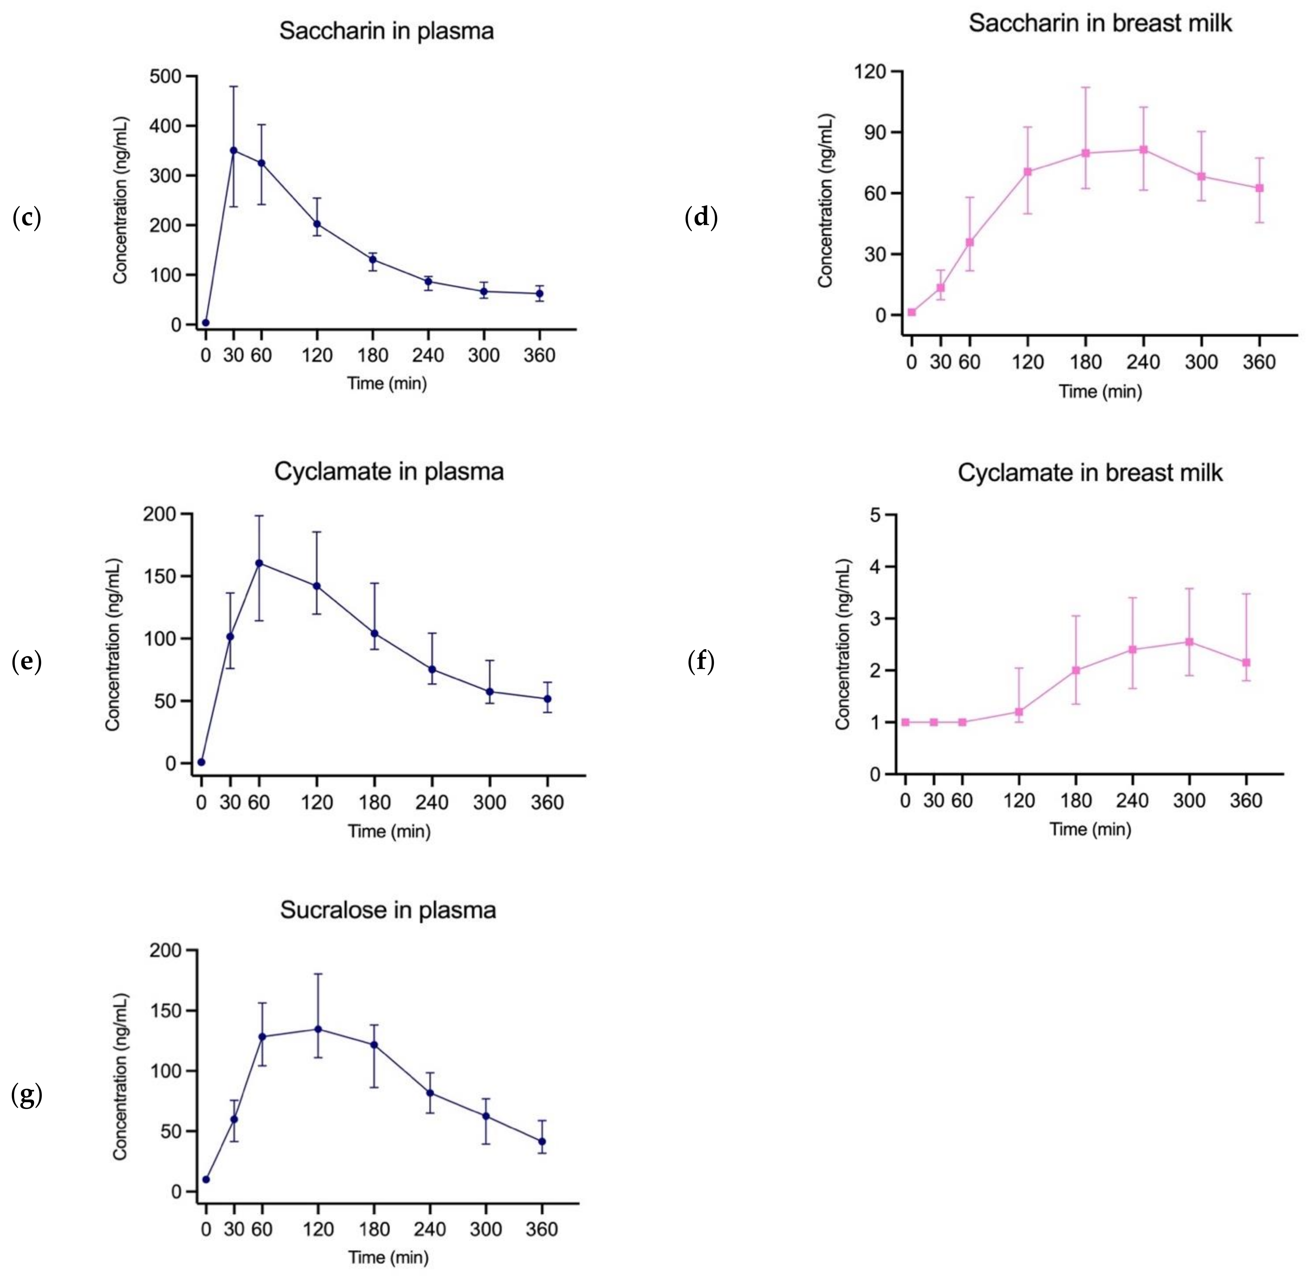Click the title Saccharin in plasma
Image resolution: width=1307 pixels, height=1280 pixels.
[x=387, y=31]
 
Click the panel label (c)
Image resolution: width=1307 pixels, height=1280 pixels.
[x=27, y=218]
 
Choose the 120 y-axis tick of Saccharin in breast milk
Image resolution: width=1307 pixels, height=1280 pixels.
[x=869, y=71]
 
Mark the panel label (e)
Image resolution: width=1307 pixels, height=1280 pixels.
[x=27, y=662]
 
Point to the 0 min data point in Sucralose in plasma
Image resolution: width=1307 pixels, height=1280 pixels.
[x=206, y=1179]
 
